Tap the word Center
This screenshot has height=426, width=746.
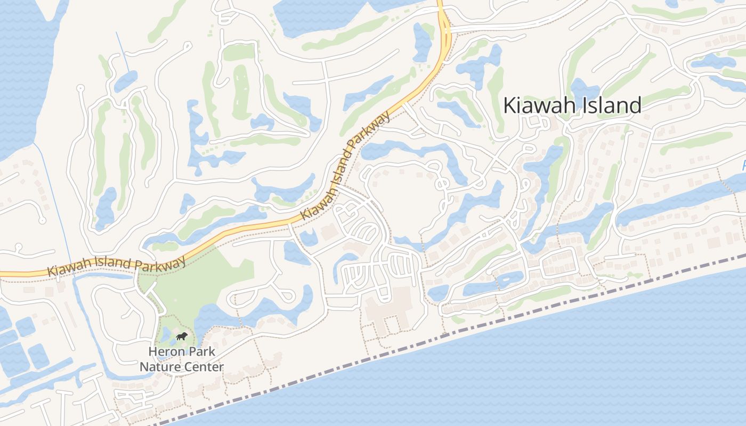[203, 367]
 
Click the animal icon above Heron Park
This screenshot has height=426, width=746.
[182, 337]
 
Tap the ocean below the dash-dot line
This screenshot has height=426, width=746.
[533, 373]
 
